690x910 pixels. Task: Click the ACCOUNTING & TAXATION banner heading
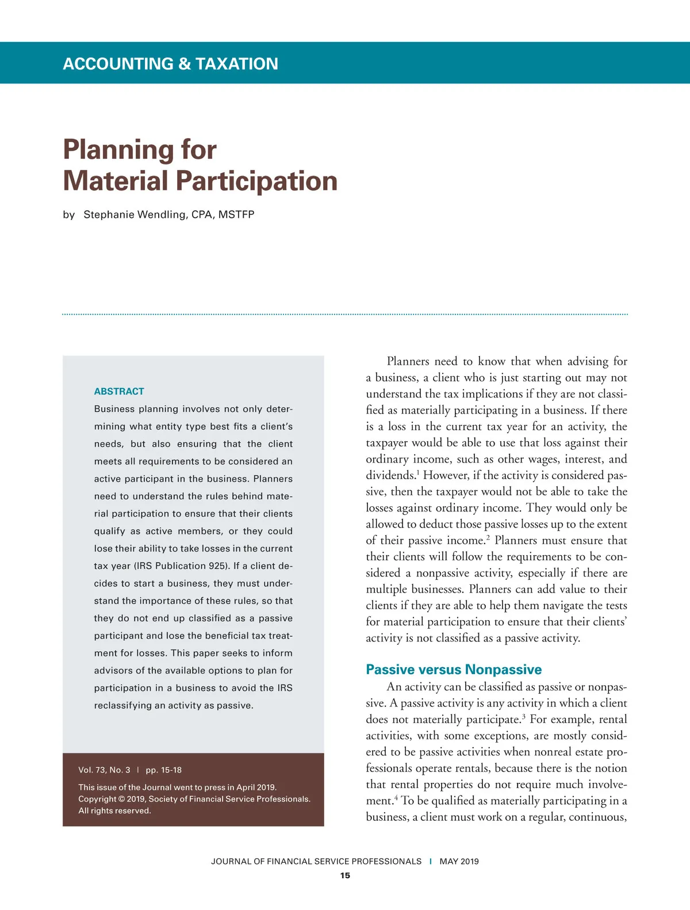170,63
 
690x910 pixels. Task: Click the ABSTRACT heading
119,391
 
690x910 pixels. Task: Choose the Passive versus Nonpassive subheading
454,670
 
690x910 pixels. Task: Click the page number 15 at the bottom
345,875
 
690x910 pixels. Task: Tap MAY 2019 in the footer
459,861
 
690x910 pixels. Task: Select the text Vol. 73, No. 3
104,770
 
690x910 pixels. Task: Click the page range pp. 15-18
163,770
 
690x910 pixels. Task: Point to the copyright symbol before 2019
121,799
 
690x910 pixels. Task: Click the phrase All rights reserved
114,810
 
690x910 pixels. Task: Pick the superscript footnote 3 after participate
523,716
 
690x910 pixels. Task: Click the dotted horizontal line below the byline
345,315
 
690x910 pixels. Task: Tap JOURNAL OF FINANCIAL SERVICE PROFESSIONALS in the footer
316,861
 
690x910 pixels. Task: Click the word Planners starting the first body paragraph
408,361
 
